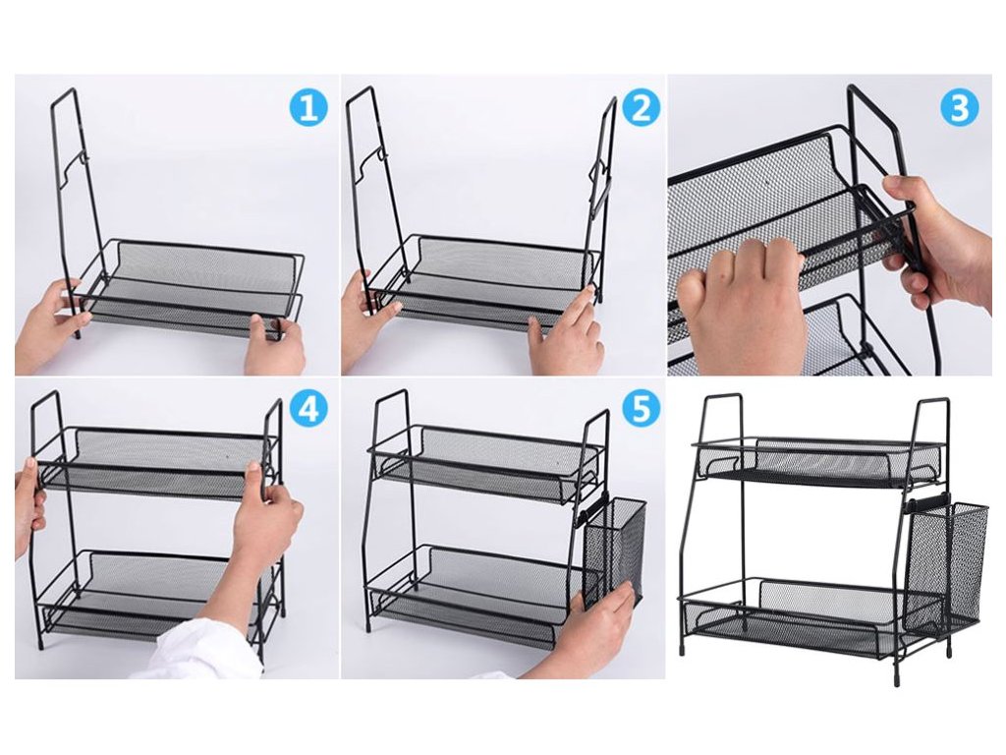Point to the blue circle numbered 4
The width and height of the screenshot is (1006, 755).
coord(308,408)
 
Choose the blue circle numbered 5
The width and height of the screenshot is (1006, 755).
coord(641,408)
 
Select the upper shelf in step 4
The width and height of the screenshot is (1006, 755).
coord(157,462)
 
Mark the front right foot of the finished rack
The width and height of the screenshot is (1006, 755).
coord(896,676)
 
